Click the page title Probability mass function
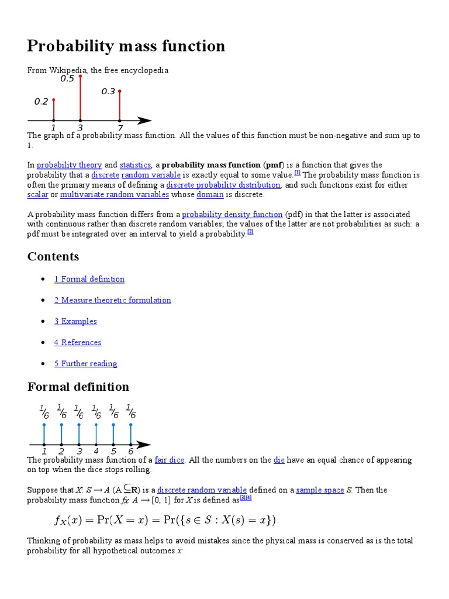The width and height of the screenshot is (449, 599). [x=126, y=46]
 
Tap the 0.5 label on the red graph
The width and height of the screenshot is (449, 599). [x=67, y=79]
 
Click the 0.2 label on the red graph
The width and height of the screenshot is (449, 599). [x=41, y=101]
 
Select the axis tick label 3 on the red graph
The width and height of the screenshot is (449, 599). [x=80, y=128]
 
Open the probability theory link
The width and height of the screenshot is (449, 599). [x=69, y=166]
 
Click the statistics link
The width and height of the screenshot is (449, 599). [x=135, y=166]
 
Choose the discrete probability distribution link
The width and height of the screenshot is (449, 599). [x=223, y=185]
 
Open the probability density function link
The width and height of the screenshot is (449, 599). [x=232, y=215]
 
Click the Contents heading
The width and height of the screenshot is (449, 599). [x=53, y=257]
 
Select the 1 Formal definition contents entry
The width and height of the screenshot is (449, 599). [x=89, y=279]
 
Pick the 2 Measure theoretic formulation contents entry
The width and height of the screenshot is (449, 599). [x=113, y=300]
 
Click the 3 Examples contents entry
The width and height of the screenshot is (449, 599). [x=75, y=321]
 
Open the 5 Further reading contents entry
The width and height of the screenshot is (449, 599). [x=86, y=363]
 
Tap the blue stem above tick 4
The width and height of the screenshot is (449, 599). [x=96, y=433]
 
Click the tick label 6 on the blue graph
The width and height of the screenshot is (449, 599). [x=130, y=452]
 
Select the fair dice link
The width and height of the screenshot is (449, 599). [x=170, y=460]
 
